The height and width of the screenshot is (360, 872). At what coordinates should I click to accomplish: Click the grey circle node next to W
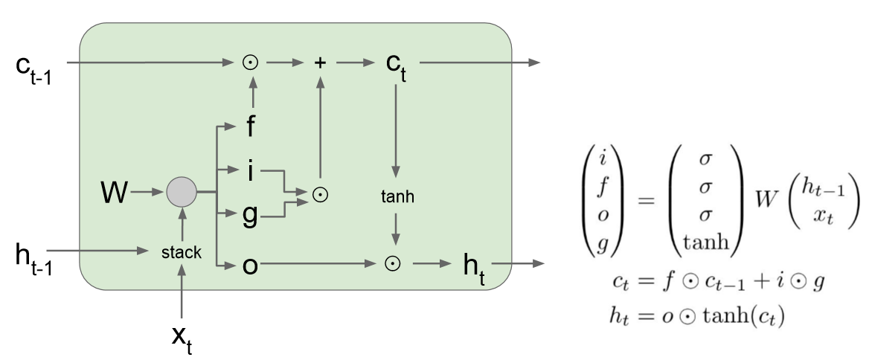181,193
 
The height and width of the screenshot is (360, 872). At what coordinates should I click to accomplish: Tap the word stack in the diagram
182,253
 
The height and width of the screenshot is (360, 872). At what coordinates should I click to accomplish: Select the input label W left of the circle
115,195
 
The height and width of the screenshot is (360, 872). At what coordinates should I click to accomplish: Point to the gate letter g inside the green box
251,216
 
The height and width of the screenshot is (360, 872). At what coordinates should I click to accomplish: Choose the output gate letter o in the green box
251,265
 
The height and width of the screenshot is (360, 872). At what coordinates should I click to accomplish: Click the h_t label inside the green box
474,267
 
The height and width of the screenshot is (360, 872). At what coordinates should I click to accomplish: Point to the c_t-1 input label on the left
33,67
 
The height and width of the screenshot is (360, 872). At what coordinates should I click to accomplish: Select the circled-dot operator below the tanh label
395,264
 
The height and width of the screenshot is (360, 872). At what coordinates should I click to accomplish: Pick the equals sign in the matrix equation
644,201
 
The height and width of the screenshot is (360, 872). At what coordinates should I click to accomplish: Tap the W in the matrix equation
767,201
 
